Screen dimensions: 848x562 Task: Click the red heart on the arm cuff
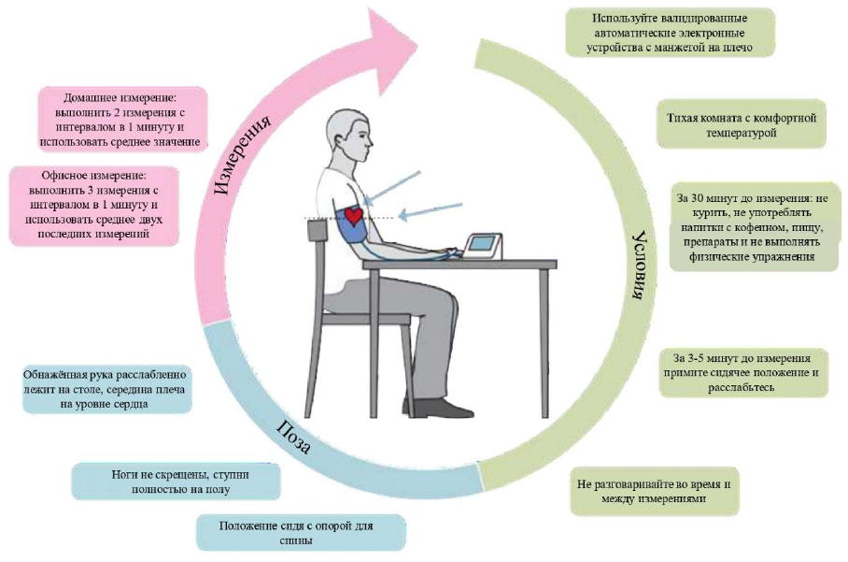[x=355, y=215]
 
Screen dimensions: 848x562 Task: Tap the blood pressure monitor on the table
[x=483, y=247]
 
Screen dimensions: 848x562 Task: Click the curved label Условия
[x=642, y=266]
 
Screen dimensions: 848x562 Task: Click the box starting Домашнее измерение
[x=122, y=120]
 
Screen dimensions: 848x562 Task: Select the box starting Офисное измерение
[x=93, y=205]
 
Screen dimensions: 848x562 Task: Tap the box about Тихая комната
[x=741, y=124]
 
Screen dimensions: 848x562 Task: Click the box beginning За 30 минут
[x=754, y=227]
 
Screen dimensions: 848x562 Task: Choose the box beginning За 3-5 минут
[x=743, y=372]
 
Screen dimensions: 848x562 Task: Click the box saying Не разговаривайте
[x=654, y=491]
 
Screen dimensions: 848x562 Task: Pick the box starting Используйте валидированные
[x=670, y=33]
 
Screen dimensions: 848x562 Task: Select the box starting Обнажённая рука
[x=106, y=389]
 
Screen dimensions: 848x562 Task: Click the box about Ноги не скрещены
[x=176, y=482]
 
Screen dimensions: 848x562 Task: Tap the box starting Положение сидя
[x=301, y=533]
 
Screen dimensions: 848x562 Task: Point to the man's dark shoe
[x=437, y=407]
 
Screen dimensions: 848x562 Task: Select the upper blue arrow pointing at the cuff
[x=392, y=187]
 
